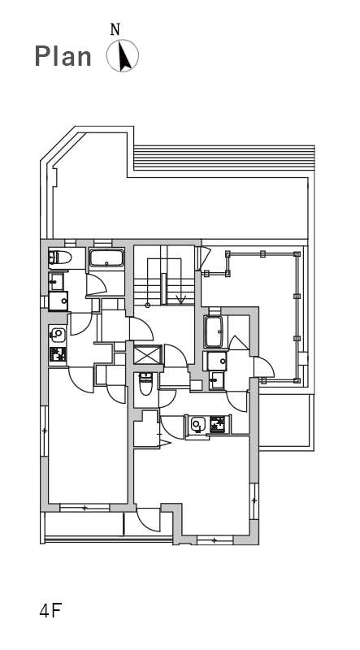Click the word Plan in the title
tap(63, 57)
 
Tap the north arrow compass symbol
tap(123, 55)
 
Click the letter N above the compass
tap(115, 29)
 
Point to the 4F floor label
tap(50, 611)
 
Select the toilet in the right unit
tap(145, 383)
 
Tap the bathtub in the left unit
tap(107, 258)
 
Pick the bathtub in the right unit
tap(214, 331)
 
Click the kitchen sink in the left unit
tap(58, 334)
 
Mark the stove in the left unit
tap(58, 355)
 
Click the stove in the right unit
tap(217, 424)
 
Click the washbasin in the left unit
tap(56, 281)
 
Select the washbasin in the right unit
tap(215, 380)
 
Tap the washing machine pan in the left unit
tap(58, 301)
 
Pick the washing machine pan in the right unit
tap(217, 361)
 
